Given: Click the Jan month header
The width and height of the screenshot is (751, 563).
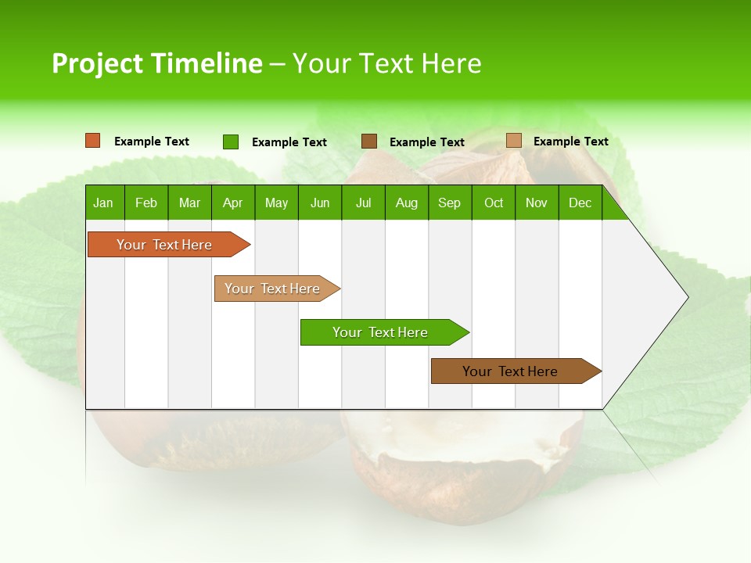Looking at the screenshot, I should click(x=104, y=203).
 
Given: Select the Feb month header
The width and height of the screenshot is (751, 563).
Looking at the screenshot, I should click(x=146, y=203).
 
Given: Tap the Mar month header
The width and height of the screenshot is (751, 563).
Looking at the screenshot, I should click(x=189, y=203).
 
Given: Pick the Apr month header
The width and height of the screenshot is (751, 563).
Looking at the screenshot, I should click(x=233, y=203).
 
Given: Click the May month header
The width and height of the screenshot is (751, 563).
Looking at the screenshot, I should click(x=276, y=203).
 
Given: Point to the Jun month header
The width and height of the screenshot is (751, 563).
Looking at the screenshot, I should click(x=320, y=203).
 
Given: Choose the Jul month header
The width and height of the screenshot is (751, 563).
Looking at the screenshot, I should click(x=363, y=203).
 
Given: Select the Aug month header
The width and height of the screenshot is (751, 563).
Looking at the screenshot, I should click(x=407, y=203).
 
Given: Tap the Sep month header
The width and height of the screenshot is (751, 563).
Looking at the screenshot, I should click(x=450, y=203).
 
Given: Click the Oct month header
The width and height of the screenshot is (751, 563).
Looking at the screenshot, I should click(x=494, y=203).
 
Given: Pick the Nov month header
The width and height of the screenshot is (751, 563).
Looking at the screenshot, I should click(x=537, y=203).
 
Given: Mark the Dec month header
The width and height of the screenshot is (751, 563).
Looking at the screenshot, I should click(x=580, y=203).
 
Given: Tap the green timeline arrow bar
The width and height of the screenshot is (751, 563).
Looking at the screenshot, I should click(x=381, y=332).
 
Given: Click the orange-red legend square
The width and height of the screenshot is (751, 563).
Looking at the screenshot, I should click(x=93, y=141).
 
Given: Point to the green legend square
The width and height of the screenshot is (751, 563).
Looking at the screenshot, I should click(x=231, y=142).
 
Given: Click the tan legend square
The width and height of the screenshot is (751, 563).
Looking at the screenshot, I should click(x=514, y=141).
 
